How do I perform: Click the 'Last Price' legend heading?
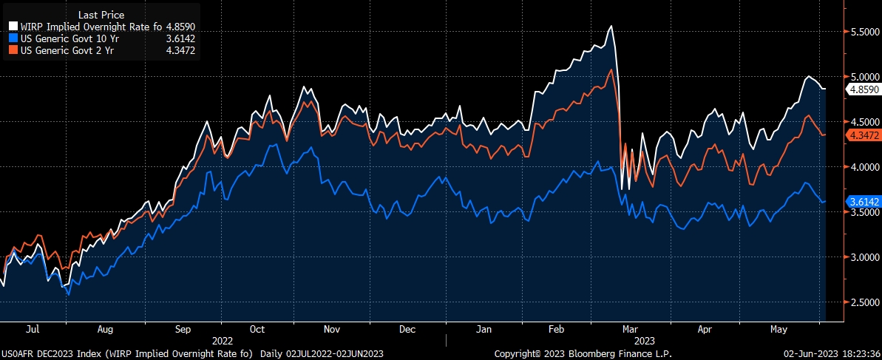point(102,15)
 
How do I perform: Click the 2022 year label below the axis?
point(223,340)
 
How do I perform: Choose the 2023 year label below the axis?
point(645,340)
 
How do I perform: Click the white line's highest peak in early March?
point(611,27)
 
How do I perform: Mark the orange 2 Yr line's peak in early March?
point(610,70)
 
